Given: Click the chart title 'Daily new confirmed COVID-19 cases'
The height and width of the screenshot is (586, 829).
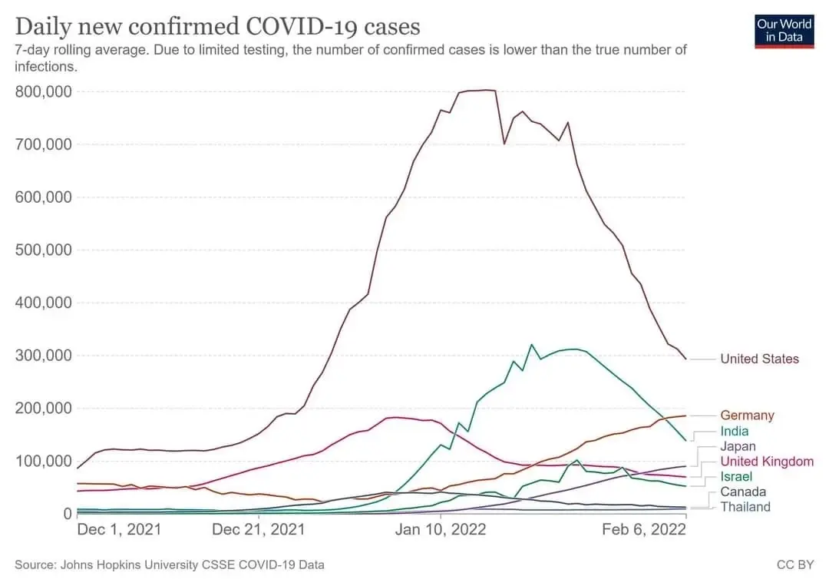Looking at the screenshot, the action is [217, 26].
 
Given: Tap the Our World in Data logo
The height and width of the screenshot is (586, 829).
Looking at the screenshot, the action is [784, 31].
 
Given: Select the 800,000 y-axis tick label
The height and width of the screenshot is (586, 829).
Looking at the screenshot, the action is [43, 92].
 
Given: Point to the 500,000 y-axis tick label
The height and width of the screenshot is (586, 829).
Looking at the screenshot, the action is [43, 250].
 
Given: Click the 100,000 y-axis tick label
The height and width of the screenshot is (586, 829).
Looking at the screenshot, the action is [43, 461].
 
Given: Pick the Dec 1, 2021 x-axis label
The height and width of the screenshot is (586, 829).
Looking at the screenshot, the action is [119, 529].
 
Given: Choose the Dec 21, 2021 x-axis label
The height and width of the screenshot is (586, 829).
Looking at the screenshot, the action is [259, 529].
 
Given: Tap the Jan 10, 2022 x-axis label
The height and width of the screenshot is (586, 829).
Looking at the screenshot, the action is [441, 529].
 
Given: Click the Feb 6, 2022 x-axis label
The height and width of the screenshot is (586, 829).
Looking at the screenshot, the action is [644, 529].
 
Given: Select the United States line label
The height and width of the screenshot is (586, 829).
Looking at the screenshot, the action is [760, 359].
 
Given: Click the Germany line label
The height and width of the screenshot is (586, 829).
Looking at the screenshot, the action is [747, 415].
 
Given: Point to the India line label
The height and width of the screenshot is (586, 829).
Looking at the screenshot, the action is [735, 431].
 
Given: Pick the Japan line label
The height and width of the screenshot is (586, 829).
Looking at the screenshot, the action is [738, 446].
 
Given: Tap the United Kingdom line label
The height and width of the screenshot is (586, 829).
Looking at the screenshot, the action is [767, 462].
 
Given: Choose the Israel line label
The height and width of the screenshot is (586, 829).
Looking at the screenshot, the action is [736, 476].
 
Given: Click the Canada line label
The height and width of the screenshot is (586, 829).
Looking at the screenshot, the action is [743, 492].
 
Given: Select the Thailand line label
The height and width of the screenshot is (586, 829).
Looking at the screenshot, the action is [745, 507].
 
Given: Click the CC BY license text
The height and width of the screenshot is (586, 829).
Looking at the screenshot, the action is [795, 564].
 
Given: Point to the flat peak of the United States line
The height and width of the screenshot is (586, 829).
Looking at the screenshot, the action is [477, 91].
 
